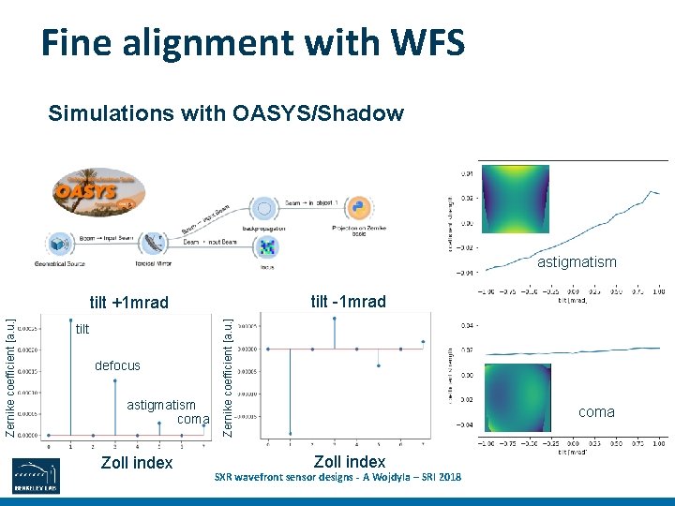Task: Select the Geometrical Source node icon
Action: tap(60, 244)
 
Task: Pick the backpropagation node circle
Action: tap(265, 207)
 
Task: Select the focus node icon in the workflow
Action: tap(268, 246)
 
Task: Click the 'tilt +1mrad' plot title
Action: tap(128, 303)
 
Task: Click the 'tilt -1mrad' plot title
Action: tap(348, 301)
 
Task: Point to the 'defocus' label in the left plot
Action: tap(117, 365)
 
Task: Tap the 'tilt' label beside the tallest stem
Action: tap(82, 329)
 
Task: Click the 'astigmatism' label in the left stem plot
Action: tap(161, 405)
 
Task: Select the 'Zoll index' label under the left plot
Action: tap(136, 462)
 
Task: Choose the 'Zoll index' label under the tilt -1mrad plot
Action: tap(350, 461)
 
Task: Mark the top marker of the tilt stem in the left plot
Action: tap(70, 322)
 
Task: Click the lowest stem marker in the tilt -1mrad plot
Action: tap(290, 433)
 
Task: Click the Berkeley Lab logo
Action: tap(37, 476)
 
